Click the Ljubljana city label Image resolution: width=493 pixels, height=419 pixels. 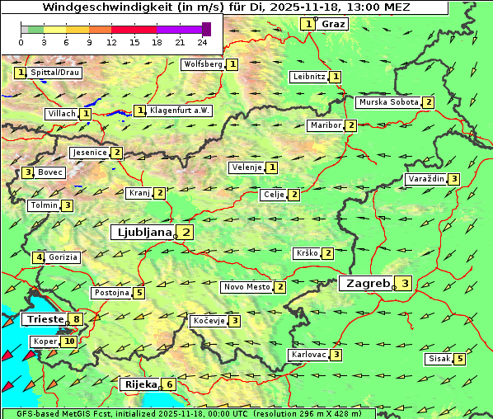pos(143,233)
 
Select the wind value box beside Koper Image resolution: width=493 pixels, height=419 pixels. pos(68,341)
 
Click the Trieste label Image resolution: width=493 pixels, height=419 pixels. pos(45,319)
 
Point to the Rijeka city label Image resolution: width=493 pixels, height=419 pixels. pos(140,384)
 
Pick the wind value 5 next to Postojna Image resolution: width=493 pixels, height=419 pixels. pos(139,293)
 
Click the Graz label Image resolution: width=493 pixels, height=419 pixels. pos(333,24)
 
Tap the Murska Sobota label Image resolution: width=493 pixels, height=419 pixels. pos(388,102)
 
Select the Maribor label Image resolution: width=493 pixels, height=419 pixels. pos(324,125)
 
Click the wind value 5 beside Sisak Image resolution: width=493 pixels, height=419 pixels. pos(460,359)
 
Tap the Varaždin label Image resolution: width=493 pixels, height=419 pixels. pos(426,179)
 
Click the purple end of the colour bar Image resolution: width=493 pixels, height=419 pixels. pos(206,29)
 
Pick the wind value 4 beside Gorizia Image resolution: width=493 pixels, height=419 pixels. pos(38,257)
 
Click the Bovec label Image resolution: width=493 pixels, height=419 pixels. pos(50,172)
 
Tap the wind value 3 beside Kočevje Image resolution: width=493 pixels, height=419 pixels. pos(235,320)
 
